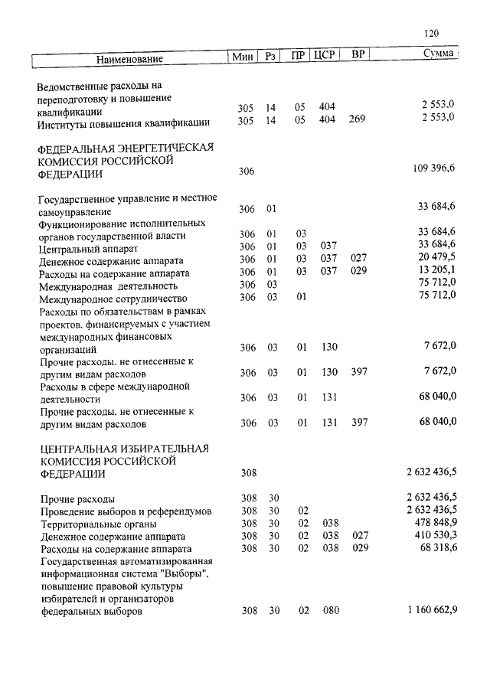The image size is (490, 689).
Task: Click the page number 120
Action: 430,34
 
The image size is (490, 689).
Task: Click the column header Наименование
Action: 130,59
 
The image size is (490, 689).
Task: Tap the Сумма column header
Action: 440,54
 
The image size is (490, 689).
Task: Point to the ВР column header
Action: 358,55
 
